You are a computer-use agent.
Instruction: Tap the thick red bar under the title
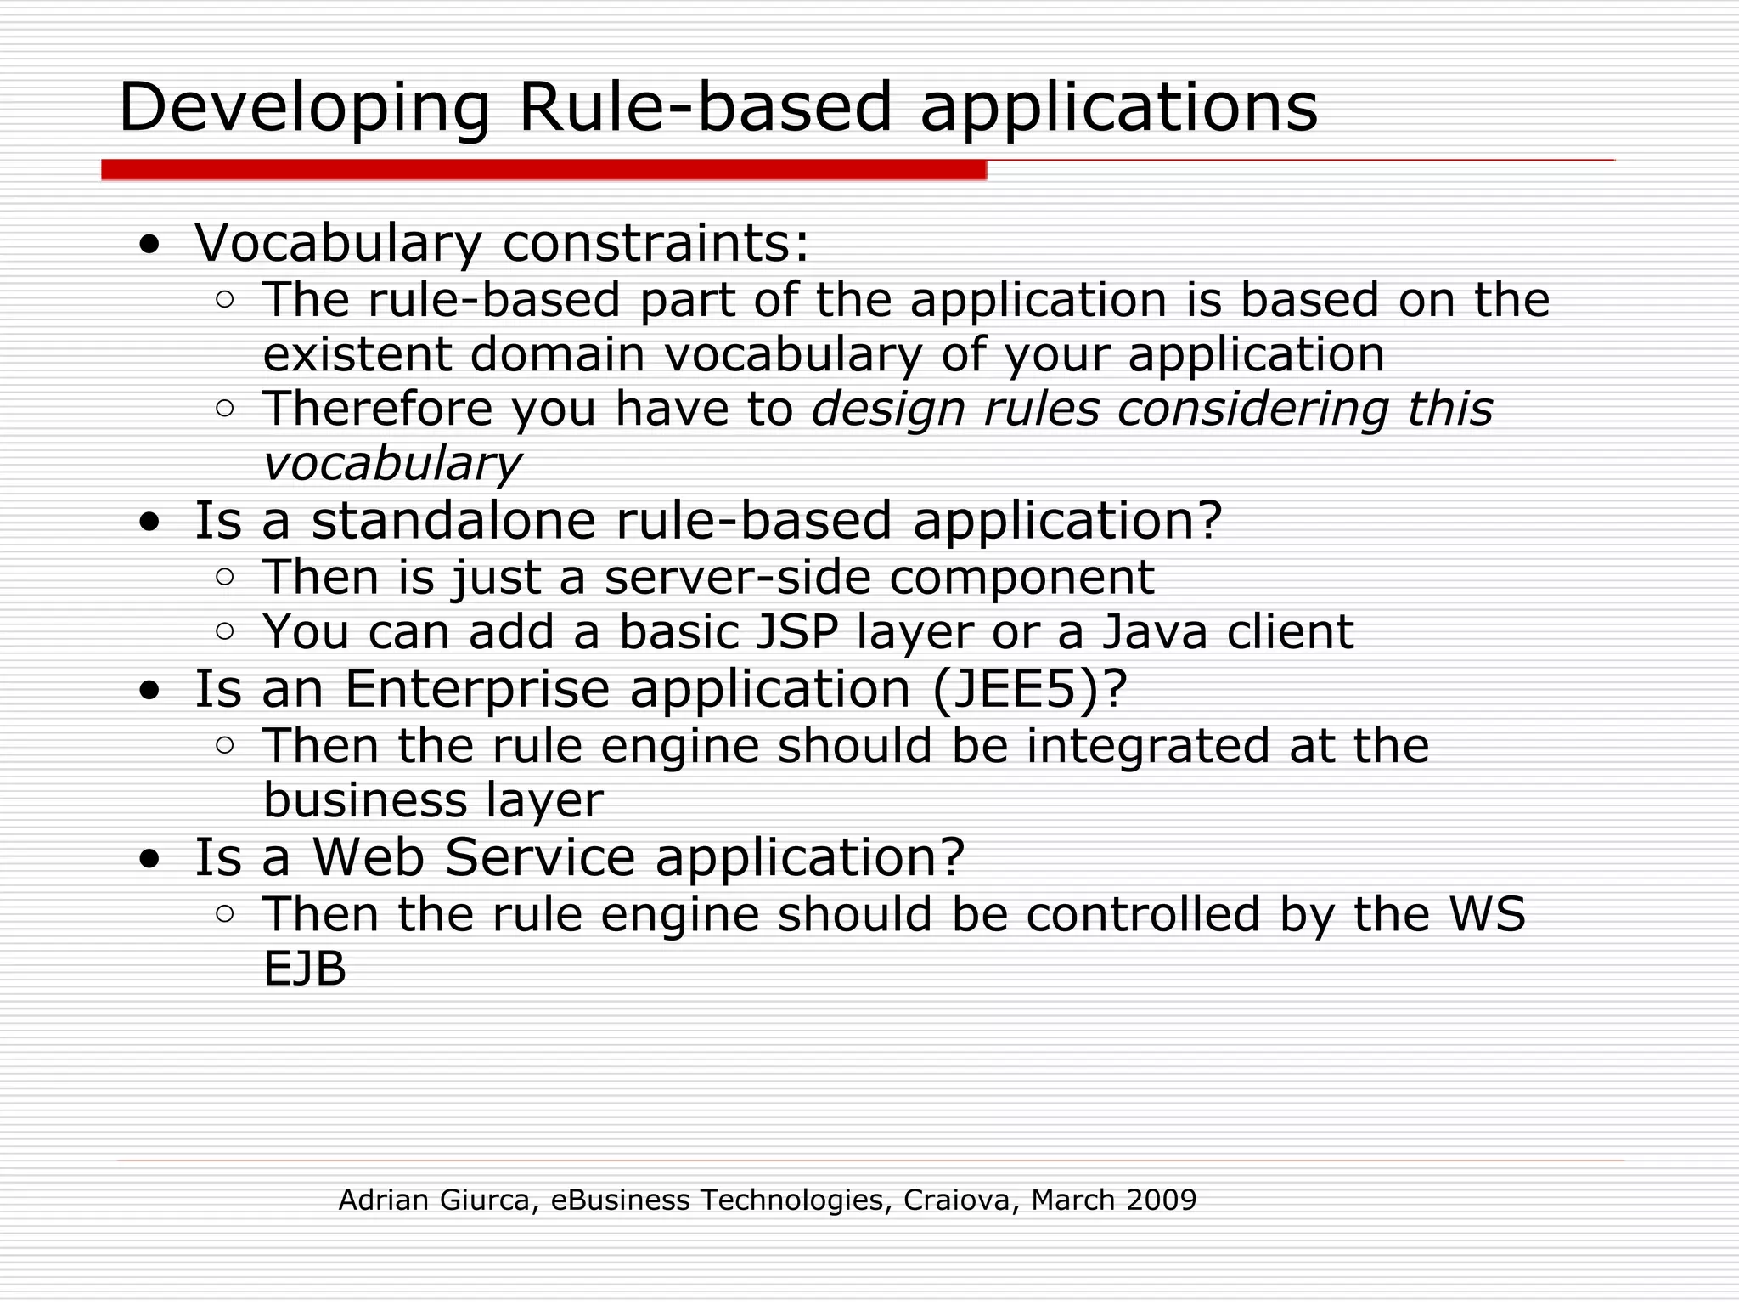543,169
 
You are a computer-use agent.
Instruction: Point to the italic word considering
1252,410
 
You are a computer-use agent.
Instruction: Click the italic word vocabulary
391,465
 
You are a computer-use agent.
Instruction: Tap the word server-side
737,578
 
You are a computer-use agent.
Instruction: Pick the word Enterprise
477,688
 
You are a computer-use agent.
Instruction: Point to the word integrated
1147,746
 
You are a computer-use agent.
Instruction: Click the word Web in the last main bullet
369,856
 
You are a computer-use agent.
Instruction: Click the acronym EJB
305,969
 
